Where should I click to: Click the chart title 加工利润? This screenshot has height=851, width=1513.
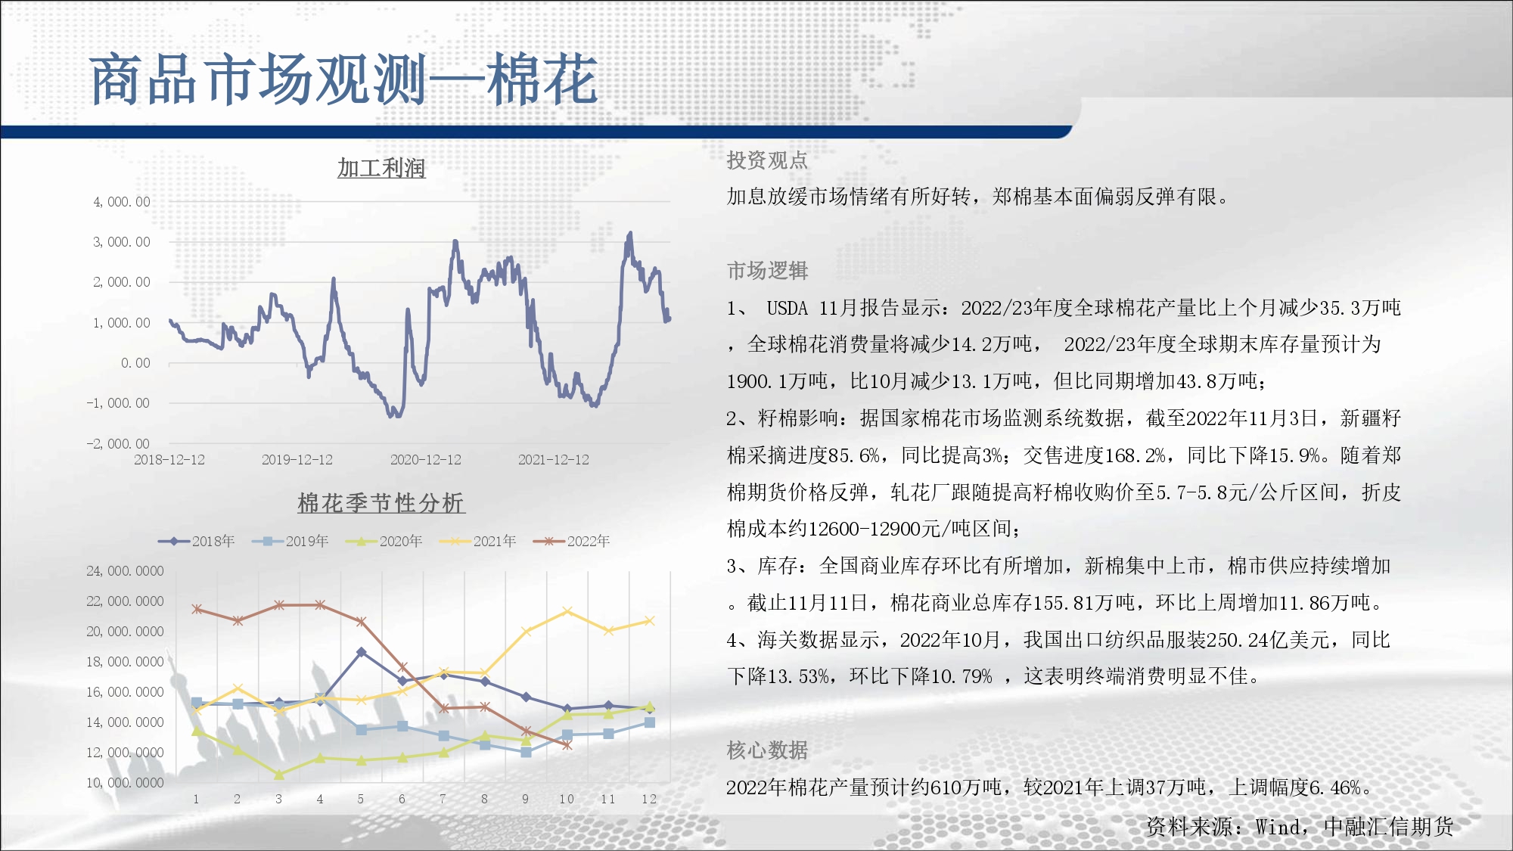(x=381, y=168)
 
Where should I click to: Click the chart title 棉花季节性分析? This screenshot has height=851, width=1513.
(x=381, y=503)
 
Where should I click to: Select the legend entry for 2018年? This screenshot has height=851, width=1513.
(x=197, y=541)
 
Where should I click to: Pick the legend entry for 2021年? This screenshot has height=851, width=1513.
(x=478, y=541)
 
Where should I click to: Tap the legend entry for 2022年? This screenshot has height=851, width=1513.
(x=572, y=541)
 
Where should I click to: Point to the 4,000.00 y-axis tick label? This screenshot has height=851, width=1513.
(x=122, y=202)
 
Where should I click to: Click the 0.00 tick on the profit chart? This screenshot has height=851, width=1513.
(x=136, y=363)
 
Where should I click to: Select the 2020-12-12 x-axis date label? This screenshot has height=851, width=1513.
(x=426, y=460)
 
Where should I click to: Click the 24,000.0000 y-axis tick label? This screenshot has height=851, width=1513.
(x=125, y=571)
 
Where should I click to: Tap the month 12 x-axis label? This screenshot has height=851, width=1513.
(x=649, y=799)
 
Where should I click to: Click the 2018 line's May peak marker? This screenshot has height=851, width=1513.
(x=362, y=652)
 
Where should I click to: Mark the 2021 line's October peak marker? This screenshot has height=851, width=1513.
(x=567, y=611)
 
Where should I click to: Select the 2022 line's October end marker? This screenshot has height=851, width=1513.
(x=567, y=745)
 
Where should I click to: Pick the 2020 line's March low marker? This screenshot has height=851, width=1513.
(x=278, y=775)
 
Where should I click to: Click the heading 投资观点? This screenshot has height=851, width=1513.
(x=767, y=160)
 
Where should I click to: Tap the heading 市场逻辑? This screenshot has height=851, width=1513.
(x=767, y=271)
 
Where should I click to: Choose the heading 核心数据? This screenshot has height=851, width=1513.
(x=767, y=750)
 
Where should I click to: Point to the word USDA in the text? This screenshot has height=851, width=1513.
(x=788, y=308)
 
